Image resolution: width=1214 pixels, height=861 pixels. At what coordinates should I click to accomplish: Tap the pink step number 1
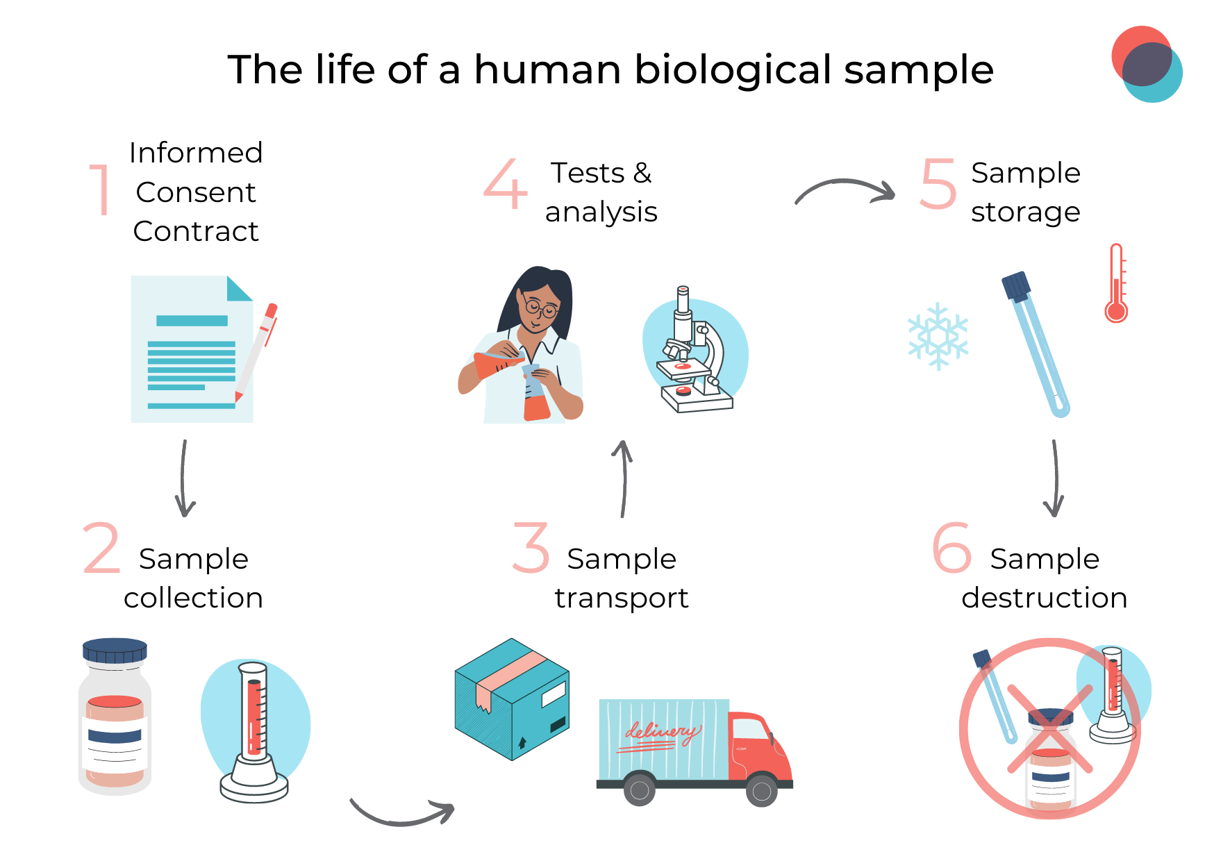click(x=101, y=189)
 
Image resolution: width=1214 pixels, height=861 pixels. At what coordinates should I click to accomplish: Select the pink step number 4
click(x=505, y=184)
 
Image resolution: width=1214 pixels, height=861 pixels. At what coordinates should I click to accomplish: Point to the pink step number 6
click(x=951, y=549)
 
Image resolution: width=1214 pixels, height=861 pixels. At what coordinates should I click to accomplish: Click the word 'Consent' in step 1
click(x=196, y=192)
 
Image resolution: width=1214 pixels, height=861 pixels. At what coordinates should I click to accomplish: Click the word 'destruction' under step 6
click(x=1044, y=598)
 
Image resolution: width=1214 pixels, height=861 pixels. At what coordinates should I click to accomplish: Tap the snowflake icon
click(x=938, y=336)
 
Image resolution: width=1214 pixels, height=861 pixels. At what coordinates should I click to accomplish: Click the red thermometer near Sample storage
click(x=1116, y=285)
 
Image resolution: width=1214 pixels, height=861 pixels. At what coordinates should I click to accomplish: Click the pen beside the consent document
click(x=256, y=351)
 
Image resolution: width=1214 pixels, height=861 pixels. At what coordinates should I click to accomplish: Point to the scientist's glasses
click(x=541, y=308)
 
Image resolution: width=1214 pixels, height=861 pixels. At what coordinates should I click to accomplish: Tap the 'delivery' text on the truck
click(x=660, y=733)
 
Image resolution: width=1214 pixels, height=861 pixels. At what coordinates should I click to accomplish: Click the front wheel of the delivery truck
click(x=761, y=790)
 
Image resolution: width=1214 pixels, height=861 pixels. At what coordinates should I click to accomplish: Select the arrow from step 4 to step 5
click(x=845, y=190)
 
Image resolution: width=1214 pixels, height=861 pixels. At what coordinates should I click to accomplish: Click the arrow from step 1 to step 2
click(x=184, y=478)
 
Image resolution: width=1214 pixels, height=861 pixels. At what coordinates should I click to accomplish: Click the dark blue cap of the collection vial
click(x=115, y=651)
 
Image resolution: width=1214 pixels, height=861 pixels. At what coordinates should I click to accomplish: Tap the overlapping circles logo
click(x=1146, y=64)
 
